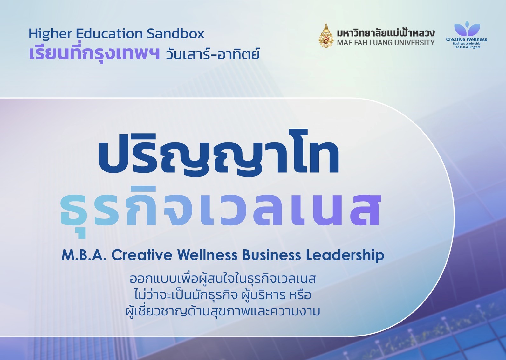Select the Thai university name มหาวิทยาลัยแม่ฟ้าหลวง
[386, 33]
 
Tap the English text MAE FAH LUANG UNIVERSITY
[386, 43]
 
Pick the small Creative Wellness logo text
[466, 40]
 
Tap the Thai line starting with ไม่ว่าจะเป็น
[222, 295]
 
